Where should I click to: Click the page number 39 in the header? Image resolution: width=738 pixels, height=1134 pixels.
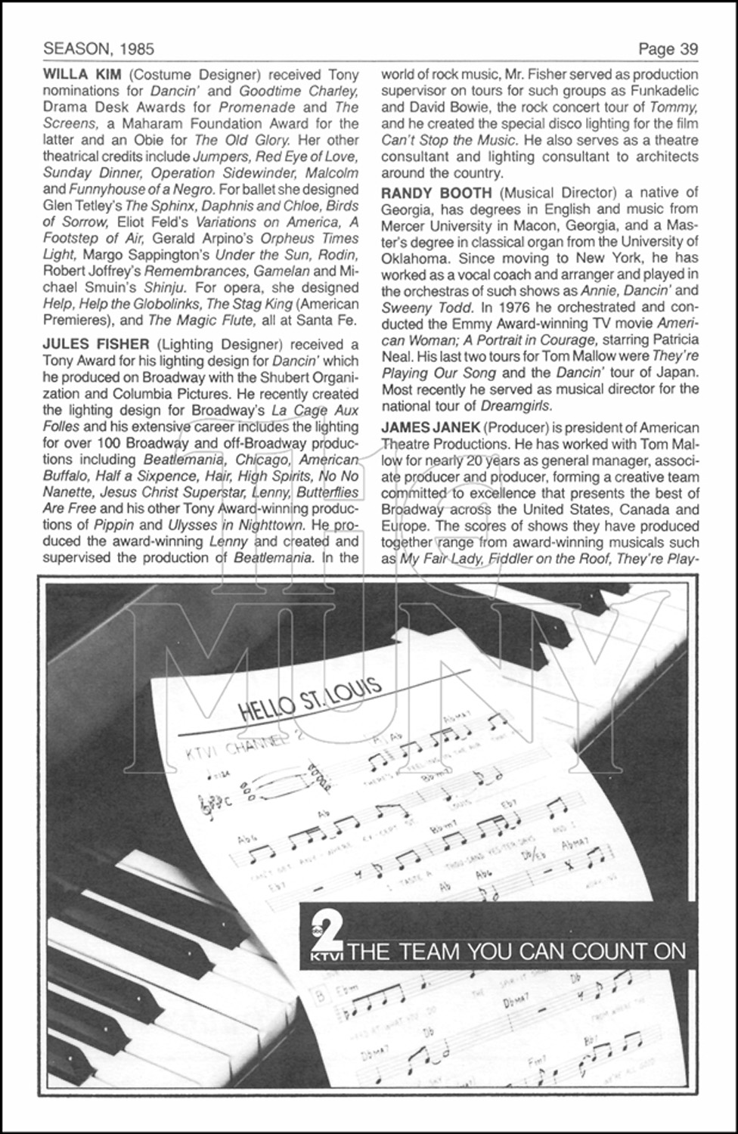[688, 49]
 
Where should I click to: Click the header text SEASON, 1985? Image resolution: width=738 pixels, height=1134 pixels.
[98, 49]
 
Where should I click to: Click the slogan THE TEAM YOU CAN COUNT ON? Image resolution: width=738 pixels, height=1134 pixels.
[519, 951]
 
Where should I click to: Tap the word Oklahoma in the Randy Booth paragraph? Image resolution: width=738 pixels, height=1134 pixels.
[416, 258]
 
